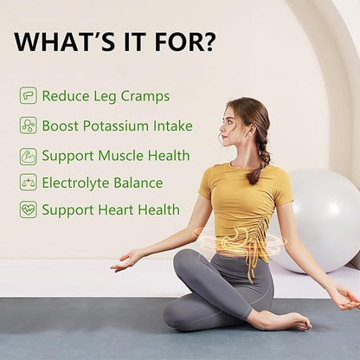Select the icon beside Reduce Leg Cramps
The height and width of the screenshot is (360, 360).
(29, 96)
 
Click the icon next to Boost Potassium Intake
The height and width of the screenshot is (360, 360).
(29, 125)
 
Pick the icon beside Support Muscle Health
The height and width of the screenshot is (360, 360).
(29, 157)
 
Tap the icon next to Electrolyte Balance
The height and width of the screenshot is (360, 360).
(29, 183)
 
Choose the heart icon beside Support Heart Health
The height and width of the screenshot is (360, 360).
(29, 209)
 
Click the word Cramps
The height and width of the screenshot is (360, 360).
(145, 96)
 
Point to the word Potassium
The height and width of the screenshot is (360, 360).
(119, 126)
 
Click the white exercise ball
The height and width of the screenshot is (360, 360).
(320, 216)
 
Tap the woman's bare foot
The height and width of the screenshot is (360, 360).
(286, 322)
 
